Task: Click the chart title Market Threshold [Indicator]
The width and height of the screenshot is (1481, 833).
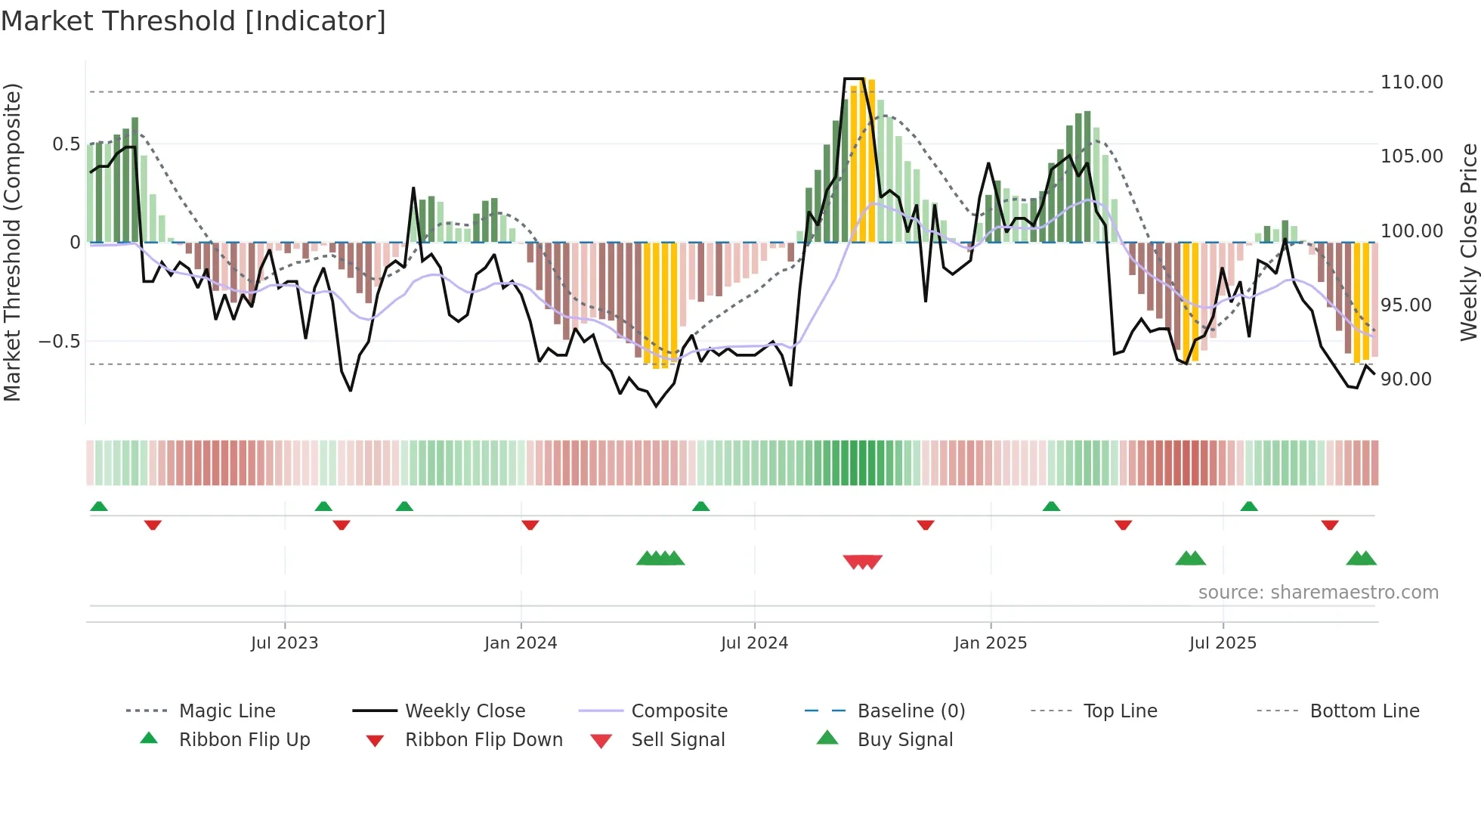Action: (x=193, y=21)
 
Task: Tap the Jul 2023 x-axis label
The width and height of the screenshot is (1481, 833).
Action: (x=284, y=643)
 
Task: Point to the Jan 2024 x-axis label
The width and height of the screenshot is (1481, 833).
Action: (x=521, y=643)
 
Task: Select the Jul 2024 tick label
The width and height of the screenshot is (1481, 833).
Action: (x=754, y=643)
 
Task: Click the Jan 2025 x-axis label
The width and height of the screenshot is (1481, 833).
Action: (x=991, y=643)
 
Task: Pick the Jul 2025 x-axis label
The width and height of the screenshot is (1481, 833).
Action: (x=1223, y=643)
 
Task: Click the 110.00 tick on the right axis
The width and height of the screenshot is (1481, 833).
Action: (x=1411, y=82)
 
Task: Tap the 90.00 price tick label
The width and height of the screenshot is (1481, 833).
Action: (x=1405, y=379)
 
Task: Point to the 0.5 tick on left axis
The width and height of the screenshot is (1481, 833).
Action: (x=66, y=144)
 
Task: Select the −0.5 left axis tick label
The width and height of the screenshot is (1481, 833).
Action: (x=60, y=342)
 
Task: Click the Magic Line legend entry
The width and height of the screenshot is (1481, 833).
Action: (x=227, y=711)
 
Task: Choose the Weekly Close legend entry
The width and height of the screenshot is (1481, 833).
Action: (x=465, y=711)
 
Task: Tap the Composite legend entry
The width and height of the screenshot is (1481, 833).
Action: (x=679, y=711)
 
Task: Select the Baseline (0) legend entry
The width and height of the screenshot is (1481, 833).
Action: (x=911, y=711)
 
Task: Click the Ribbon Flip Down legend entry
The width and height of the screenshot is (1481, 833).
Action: (x=484, y=740)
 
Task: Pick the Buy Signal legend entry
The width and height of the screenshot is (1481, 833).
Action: (x=904, y=740)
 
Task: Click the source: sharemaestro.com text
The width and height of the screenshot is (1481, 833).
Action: (x=1318, y=593)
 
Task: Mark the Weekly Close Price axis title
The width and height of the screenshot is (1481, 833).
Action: (x=1468, y=242)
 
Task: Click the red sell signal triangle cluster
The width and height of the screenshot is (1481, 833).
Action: (x=862, y=562)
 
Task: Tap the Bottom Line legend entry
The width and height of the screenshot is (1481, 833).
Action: (x=1364, y=711)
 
